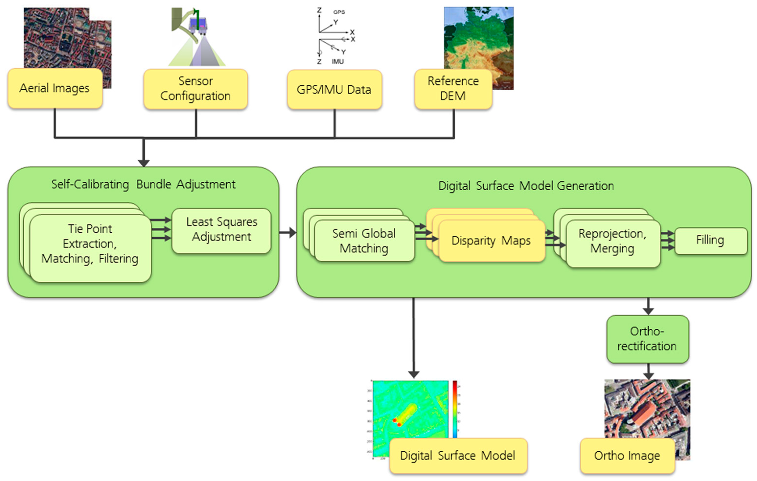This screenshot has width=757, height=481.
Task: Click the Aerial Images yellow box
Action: tap(55, 88)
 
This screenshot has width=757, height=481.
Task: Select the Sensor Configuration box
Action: tap(195, 89)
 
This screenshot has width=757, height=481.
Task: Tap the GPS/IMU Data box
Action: tap(334, 90)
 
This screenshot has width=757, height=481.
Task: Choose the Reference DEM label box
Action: tap(453, 89)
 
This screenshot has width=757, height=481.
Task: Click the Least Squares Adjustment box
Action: tap(221, 230)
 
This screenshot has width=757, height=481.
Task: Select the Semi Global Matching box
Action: tap(364, 241)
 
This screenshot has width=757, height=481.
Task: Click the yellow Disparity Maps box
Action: tap(491, 241)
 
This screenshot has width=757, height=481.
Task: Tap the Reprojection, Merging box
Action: tap(612, 241)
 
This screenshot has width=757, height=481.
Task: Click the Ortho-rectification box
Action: tap(647, 339)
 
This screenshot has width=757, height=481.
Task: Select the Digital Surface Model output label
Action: tap(458, 456)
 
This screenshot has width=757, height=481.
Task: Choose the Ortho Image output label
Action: tap(627, 456)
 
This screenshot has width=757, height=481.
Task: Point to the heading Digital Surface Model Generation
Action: tap(526, 186)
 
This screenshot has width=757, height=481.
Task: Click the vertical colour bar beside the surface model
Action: tap(455, 409)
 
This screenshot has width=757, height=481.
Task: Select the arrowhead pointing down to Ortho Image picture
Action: tap(648, 375)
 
